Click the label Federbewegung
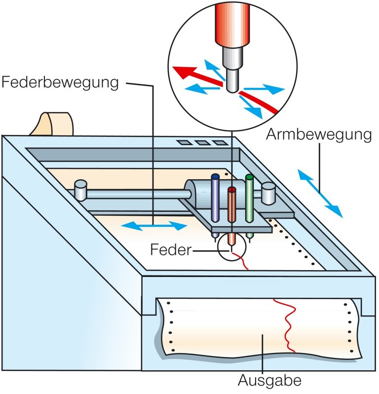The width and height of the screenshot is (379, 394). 60,82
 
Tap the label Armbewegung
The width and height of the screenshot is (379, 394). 318,134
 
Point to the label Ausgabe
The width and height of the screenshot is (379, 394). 269,381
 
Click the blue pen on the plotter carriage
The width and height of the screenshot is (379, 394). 215,197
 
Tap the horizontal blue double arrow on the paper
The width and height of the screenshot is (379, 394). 154,226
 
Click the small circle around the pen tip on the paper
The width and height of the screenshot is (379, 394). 231,247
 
